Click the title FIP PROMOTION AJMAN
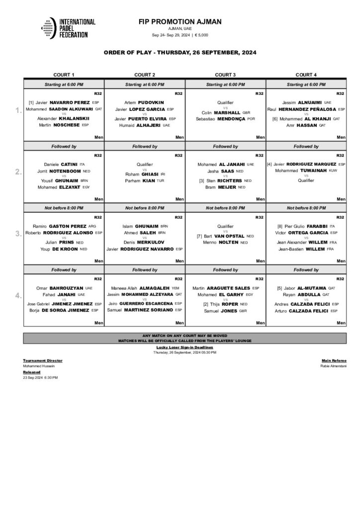[180, 21]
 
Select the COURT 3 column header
[225, 75]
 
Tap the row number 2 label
[18, 172]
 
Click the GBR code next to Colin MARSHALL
[246, 112]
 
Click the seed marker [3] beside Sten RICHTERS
[202, 180]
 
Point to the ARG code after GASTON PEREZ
[91, 226]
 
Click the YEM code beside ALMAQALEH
[175, 287]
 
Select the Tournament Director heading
[43, 360]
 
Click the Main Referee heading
[334, 360]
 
